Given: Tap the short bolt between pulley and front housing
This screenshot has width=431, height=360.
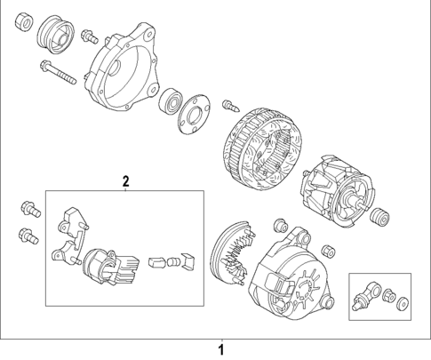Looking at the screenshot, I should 88,36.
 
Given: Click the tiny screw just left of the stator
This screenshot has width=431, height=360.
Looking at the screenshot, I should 229,105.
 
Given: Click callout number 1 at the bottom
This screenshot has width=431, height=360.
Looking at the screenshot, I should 222,348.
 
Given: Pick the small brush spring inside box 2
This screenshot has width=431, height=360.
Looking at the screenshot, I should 158,262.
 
